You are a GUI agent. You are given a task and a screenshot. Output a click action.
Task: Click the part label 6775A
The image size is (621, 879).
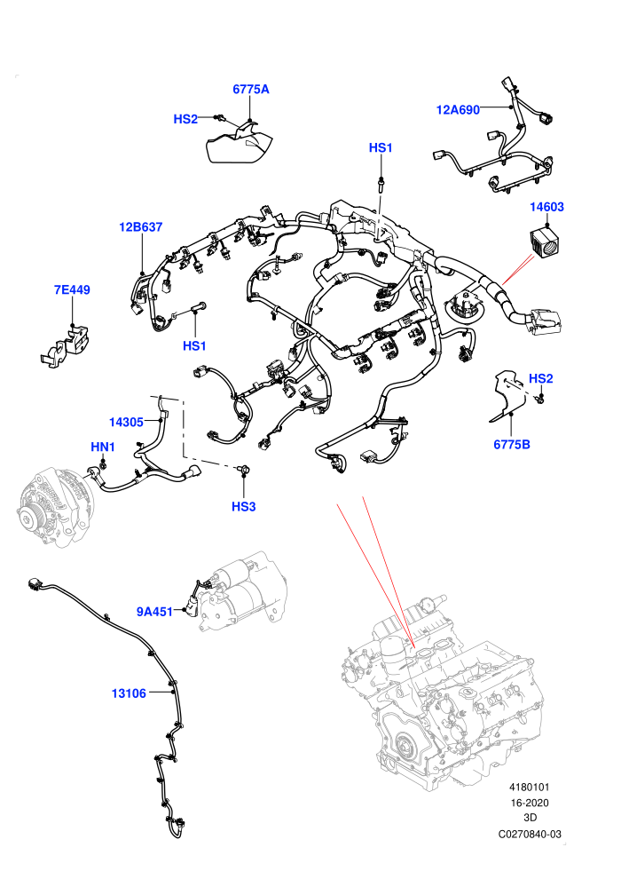[251, 89]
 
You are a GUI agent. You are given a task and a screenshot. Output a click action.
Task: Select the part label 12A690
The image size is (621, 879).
[458, 110]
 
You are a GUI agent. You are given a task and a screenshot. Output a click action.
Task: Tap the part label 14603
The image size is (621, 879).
[547, 207]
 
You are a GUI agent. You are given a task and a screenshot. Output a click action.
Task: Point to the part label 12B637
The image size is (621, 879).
[140, 227]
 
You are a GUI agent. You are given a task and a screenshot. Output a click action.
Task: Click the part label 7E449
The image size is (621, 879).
[72, 289]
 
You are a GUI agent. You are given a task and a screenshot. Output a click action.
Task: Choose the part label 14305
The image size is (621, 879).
[126, 422]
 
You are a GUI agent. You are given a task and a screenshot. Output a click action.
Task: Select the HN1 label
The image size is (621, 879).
[103, 447]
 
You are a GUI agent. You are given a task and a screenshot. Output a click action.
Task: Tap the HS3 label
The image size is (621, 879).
[244, 507]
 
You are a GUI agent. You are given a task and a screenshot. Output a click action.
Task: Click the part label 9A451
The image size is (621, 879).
[154, 612]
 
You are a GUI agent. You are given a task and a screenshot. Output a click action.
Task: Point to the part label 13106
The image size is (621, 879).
[129, 693]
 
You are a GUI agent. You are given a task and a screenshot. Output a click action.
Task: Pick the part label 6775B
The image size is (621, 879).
[512, 445]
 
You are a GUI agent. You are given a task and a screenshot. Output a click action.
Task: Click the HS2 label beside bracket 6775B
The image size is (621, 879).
[541, 378]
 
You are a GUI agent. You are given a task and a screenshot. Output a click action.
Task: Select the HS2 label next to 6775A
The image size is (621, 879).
[185, 119]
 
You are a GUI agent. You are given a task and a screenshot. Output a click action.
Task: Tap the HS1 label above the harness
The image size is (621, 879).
[381, 148]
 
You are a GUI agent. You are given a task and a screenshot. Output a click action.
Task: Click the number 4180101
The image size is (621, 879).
[529, 788]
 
